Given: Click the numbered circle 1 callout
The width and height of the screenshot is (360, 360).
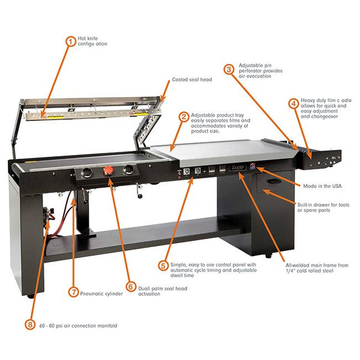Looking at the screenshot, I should [x=70, y=40].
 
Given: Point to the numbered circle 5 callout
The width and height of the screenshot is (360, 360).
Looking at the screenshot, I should [x=163, y=265].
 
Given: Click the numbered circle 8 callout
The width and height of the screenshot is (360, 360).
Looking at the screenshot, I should [x=30, y=325].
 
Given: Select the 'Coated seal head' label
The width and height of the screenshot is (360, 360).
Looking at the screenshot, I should [x=192, y=80].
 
